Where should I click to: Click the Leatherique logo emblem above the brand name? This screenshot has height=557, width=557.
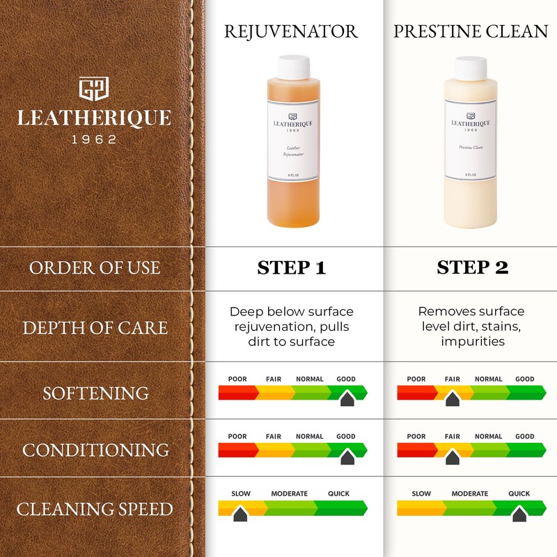click(94, 89)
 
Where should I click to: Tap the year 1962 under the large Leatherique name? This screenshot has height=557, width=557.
click(95, 139)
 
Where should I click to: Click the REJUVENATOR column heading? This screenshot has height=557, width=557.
click(292, 31)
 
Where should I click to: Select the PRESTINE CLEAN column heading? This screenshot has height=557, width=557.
click(471, 31)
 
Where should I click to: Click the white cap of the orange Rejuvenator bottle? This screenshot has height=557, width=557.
click(292, 68)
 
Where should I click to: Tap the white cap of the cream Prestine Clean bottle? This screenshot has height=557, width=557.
click(471, 68)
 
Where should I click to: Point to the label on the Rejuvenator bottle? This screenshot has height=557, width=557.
click(292, 142)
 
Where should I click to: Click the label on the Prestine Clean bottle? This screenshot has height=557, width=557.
click(471, 142)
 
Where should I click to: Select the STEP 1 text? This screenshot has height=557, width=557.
click(292, 268)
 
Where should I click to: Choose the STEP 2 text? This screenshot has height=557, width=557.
click(472, 268)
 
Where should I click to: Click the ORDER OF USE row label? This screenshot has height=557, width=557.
click(95, 268)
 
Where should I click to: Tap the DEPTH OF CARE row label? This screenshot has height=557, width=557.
click(95, 327)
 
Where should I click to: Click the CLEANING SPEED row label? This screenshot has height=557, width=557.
click(95, 509)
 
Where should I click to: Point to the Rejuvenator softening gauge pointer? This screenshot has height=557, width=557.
click(346, 399)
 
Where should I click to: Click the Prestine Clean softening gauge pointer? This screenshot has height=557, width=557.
click(452, 399)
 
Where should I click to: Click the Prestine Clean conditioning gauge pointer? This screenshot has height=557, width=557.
click(452, 457)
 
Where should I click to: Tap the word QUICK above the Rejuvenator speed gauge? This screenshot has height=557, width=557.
click(339, 494)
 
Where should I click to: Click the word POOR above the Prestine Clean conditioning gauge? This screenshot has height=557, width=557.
click(416, 437)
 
